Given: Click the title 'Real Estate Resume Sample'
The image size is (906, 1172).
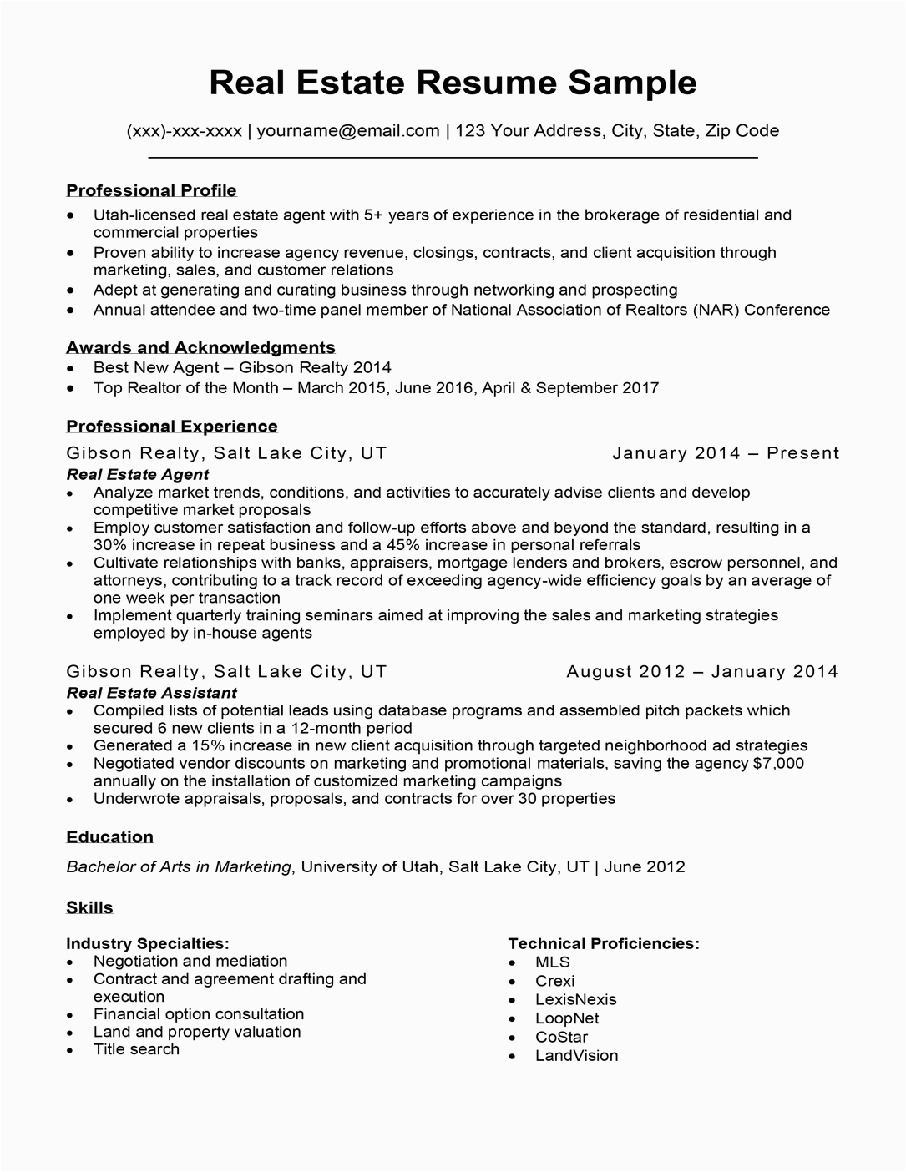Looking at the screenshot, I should tap(453, 83).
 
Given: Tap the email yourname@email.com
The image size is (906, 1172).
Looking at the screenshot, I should tap(347, 131).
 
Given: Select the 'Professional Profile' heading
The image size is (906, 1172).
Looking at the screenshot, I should tap(151, 190).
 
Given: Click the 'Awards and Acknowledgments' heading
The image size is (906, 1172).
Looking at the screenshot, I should tap(200, 347).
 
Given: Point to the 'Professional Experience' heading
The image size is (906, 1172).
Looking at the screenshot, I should tap(171, 427).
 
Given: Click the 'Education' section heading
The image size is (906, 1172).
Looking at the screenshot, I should tap(109, 837).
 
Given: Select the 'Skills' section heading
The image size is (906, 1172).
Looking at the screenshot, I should tap(89, 907).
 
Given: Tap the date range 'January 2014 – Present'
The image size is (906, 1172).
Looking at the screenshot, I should tap(725, 453).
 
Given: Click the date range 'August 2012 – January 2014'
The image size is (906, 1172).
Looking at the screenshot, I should tap(701, 672).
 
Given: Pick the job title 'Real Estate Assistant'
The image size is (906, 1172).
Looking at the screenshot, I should tap(151, 693).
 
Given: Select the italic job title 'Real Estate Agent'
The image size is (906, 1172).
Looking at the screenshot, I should tap(137, 474).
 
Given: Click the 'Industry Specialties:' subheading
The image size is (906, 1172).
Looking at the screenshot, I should tap(148, 944).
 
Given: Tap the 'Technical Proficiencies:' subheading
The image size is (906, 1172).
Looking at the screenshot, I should tap(603, 944).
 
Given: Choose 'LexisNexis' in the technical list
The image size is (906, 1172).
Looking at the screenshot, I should tap(575, 999).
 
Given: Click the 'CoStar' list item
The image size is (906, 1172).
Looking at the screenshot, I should tap(561, 1037).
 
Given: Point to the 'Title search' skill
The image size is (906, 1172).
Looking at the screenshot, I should tap(136, 1049).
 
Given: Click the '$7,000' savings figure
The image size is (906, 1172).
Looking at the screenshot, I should tap(778, 764).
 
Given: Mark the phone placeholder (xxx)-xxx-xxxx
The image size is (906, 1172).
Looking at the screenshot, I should tap(184, 131).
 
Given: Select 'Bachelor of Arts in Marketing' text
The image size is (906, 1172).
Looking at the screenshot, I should tap(179, 867).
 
